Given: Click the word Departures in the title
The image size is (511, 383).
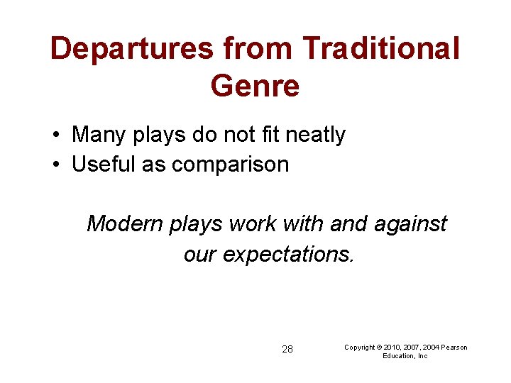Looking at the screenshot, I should [132, 49].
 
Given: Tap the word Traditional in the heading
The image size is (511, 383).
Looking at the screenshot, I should [381, 49].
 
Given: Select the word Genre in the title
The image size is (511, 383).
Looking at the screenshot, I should [255, 86].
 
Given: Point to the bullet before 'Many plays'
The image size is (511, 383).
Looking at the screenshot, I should [55, 135].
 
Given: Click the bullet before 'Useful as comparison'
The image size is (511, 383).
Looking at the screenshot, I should [55, 165].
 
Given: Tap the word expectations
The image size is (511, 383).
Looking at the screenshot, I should [288, 253].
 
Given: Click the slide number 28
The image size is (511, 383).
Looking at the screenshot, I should [287, 349].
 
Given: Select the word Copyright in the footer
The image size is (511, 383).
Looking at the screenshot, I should [361, 347].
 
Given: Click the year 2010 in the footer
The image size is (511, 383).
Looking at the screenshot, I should [392, 347].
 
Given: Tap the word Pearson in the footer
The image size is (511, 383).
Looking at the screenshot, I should [454, 347].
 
